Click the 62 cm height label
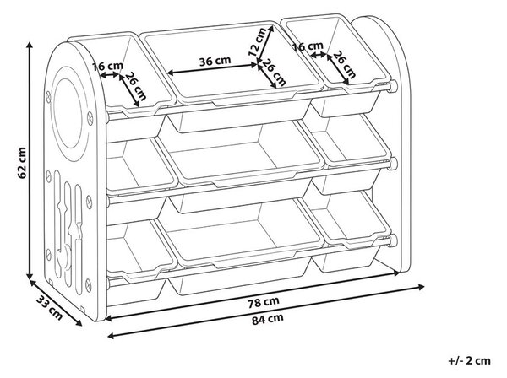22,163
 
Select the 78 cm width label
264,302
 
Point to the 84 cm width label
267,319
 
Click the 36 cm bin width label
215,62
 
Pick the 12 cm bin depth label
258,42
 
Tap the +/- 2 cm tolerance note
470,360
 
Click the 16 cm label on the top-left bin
107,67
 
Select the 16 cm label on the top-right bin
308,46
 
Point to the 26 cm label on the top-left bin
135,86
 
